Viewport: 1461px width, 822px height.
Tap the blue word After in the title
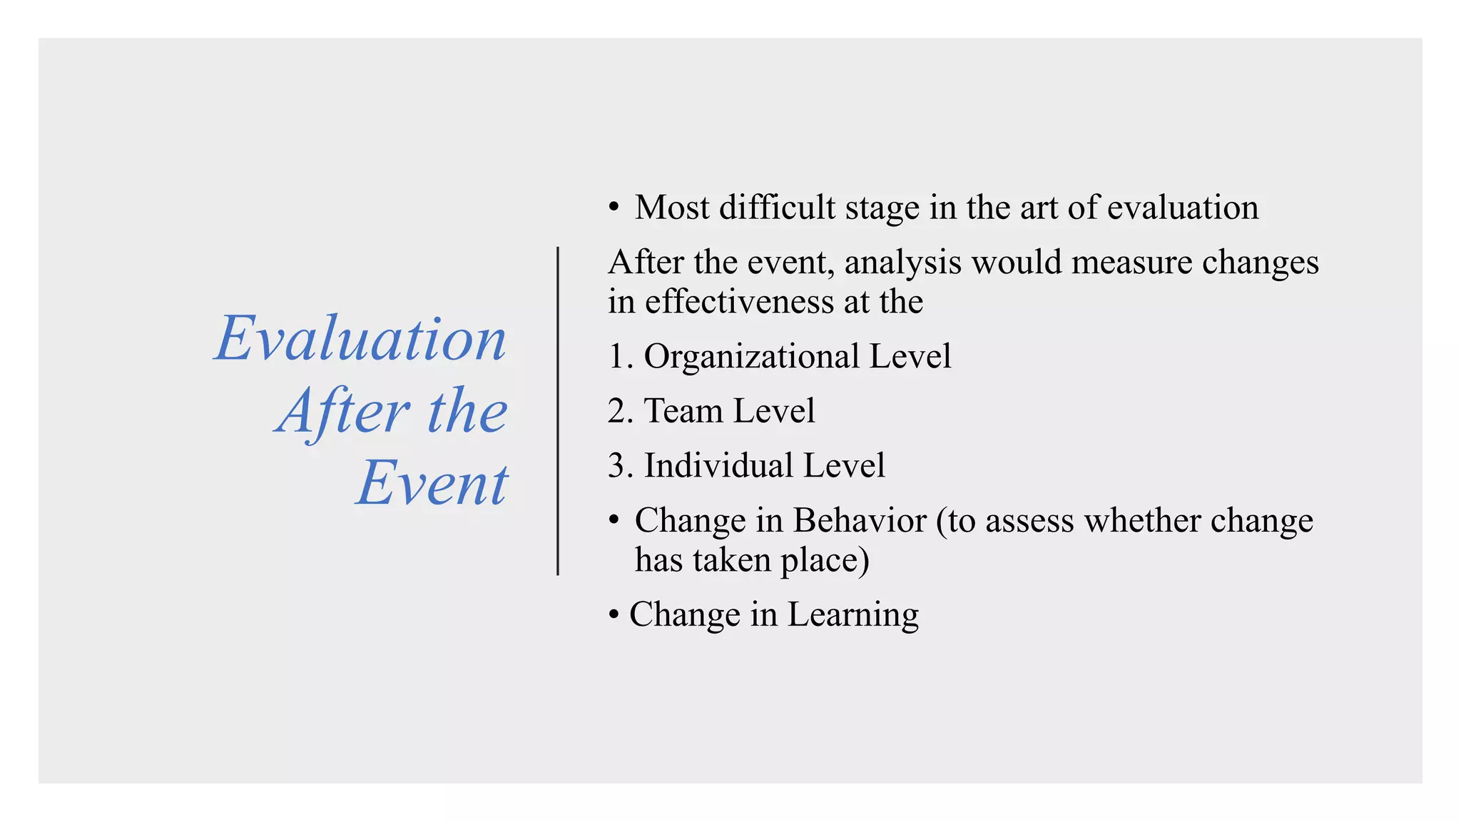pos(342,412)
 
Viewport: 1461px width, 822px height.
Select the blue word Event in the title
pos(432,483)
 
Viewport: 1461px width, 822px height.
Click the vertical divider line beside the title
pos(558,411)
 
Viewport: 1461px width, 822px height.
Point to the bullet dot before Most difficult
pos(614,208)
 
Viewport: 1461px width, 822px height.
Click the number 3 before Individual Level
pos(617,466)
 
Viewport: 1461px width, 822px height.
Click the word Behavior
pos(859,520)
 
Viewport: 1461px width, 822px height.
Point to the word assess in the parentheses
pos(1029,521)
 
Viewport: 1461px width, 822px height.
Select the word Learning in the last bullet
pos(852,615)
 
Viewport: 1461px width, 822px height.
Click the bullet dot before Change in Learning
pos(614,615)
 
